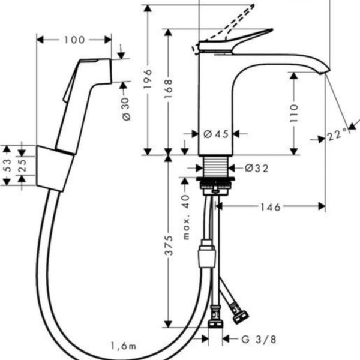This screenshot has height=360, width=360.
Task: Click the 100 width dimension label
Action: click(74, 40)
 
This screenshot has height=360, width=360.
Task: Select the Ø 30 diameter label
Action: click(126, 109)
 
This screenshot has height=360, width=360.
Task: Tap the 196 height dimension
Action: click(148, 79)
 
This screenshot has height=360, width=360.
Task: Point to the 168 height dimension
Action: click(168, 89)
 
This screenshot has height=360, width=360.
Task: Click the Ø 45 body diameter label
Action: click(216, 134)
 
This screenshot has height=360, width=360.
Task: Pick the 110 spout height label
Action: click(294, 113)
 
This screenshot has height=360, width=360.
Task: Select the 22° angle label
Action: click(337, 135)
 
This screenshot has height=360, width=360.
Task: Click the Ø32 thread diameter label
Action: click(256, 168)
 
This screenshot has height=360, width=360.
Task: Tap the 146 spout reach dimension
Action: click(271, 207)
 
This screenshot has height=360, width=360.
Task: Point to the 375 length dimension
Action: click(169, 245)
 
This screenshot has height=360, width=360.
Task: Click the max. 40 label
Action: click(186, 217)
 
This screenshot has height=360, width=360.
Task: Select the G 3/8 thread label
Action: click(259, 340)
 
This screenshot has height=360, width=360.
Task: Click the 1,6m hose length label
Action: click(124, 346)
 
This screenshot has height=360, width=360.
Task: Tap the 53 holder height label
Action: click(7, 165)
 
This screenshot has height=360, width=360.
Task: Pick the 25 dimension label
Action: click(22, 166)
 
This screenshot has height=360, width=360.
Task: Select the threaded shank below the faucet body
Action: click(216, 167)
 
